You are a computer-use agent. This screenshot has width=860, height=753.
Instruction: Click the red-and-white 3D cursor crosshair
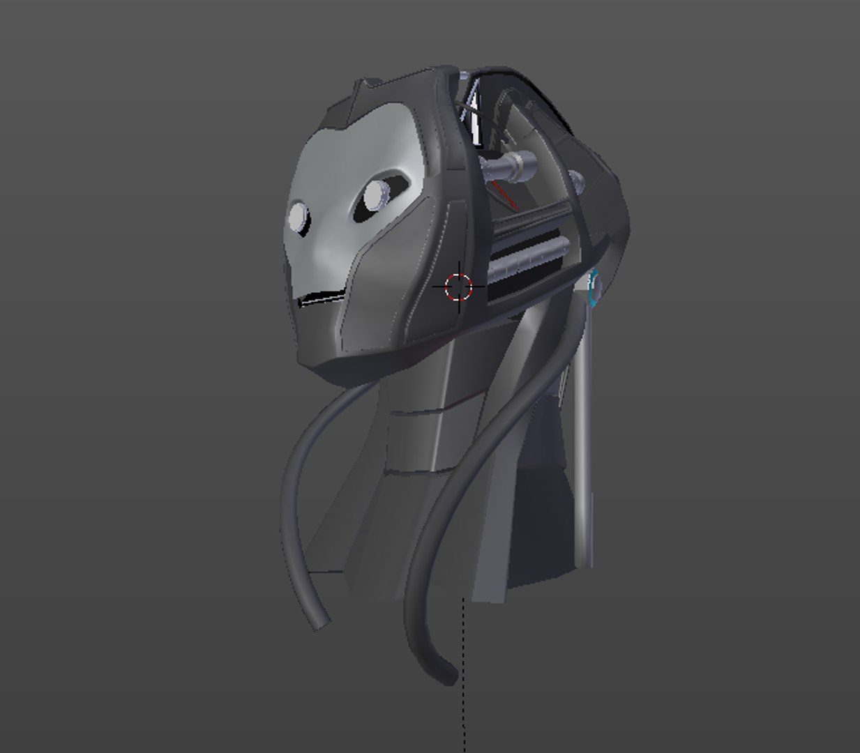click(458, 286)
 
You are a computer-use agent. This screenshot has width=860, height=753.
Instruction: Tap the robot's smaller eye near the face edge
click(299, 217)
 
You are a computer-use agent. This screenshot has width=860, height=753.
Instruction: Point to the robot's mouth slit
click(322, 299)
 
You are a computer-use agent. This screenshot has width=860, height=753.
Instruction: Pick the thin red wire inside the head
click(504, 195)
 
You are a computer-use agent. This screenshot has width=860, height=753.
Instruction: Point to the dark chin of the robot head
click(335, 366)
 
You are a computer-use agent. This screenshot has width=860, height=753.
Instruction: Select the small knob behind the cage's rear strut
click(576, 177)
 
